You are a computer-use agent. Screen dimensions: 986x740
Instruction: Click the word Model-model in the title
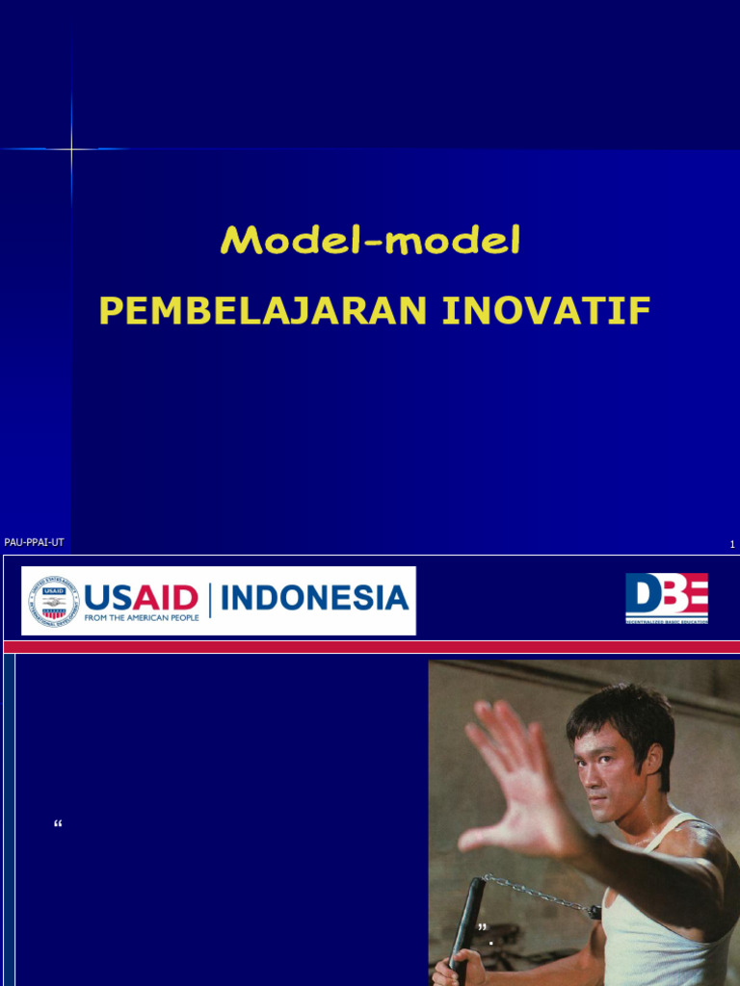click(370, 241)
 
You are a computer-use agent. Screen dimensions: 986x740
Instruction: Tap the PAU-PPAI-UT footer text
click(34, 543)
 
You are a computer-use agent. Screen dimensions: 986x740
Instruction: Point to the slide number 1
click(732, 545)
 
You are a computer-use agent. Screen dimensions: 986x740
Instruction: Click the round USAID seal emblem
click(53, 601)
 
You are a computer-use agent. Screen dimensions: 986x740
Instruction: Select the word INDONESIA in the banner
click(314, 598)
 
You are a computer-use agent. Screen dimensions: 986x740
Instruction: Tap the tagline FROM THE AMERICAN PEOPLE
click(142, 617)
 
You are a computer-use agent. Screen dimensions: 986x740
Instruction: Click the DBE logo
click(666, 598)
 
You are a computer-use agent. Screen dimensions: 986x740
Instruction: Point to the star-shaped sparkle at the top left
click(71, 148)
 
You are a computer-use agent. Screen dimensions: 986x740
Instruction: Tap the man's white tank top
click(665, 924)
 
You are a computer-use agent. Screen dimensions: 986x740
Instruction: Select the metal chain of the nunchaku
click(540, 895)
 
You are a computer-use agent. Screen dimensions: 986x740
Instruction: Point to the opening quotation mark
click(59, 825)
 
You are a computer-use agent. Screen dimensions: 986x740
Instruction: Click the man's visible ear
click(655, 761)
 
